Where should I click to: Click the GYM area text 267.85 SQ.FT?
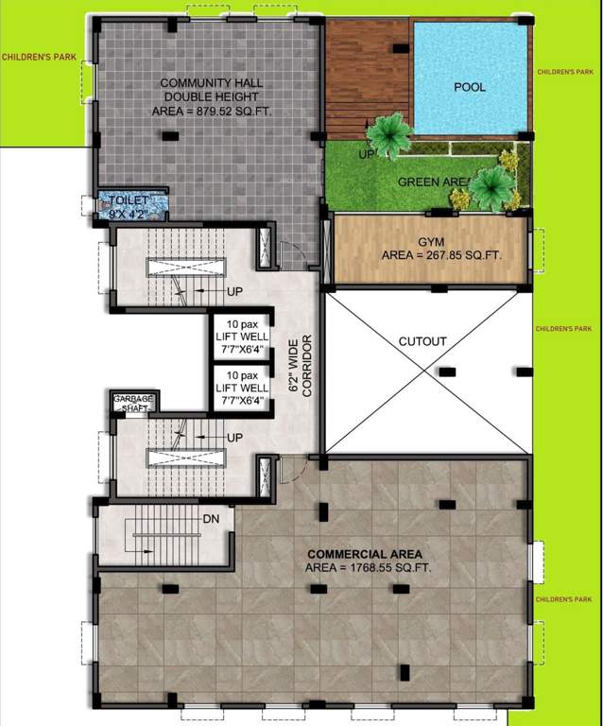point(440,255)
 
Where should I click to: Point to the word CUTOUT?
point(423,340)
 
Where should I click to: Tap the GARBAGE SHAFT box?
point(133,404)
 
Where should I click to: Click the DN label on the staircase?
point(212,519)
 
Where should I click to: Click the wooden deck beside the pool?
point(365,76)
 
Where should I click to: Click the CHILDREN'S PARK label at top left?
point(40,58)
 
